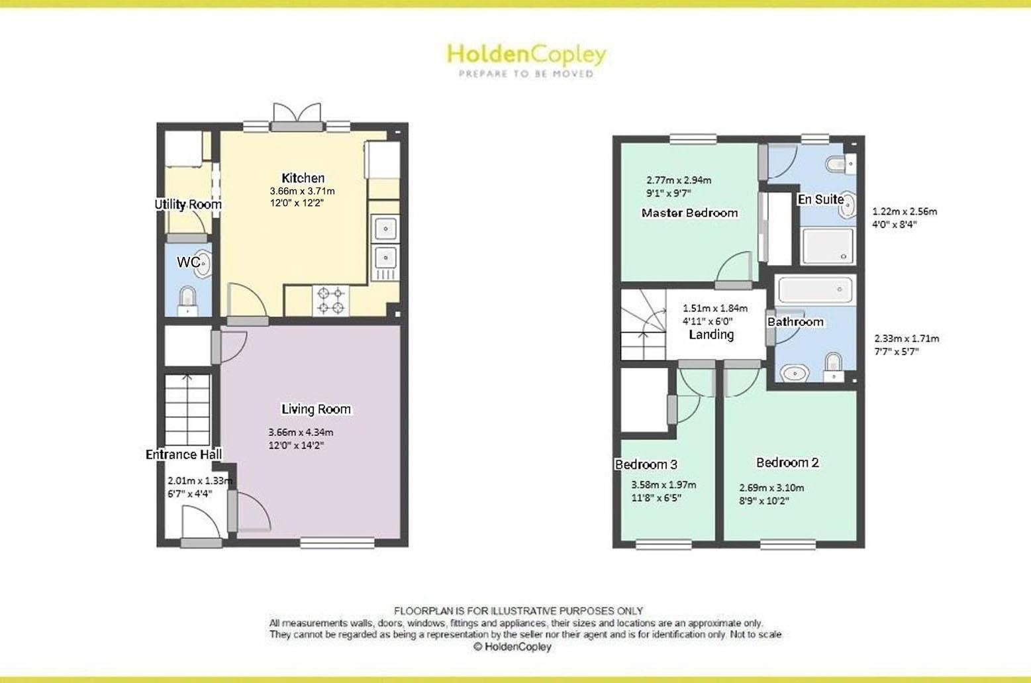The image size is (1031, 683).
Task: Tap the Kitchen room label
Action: click(x=303, y=178)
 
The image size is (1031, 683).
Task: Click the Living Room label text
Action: click(x=316, y=409)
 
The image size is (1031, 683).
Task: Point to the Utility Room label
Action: click(x=188, y=204)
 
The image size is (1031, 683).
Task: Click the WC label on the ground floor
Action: click(x=188, y=262)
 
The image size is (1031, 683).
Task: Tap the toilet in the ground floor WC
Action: click(x=189, y=299)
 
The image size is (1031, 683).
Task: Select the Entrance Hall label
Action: click(x=183, y=454)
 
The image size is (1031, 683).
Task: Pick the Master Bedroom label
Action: click(x=689, y=213)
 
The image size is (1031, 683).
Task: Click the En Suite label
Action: click(x=820, y=199)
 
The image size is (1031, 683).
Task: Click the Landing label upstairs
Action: click(x=711, y=335)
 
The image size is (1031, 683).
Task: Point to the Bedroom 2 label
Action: click(x=787, y=462)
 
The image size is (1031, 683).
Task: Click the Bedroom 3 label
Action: click(x=646, y=464)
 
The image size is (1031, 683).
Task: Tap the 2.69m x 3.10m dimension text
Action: click(x=771, y=488)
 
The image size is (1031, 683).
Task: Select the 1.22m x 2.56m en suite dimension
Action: click(x=905, y=212)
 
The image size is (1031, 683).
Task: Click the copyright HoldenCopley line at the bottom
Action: click(x=512, y=647)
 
